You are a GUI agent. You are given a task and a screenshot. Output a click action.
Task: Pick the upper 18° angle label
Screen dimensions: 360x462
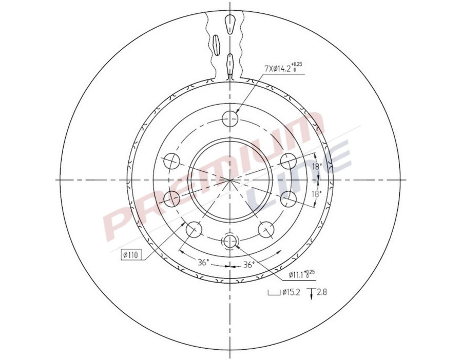point(317,167)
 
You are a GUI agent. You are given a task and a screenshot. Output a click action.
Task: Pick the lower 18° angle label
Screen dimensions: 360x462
point(317,194)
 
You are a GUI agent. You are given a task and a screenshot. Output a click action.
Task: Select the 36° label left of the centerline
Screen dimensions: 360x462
point(203,263)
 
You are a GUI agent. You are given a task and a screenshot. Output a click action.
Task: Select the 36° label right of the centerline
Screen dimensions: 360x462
point(249,265)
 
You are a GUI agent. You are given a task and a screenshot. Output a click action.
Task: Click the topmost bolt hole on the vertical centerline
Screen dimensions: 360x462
point(231,118)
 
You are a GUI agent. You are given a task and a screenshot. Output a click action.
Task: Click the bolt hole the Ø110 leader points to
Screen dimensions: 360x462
point(193,229)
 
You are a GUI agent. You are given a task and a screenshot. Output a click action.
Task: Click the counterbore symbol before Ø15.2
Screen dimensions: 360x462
point(272,294)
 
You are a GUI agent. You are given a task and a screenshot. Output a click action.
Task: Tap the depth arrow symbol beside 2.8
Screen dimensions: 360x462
point(311,294)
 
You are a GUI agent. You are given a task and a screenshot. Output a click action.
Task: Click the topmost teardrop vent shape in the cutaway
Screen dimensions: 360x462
point(230,23)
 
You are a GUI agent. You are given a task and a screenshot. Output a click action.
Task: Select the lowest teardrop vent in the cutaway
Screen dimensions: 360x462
point(231,63)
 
